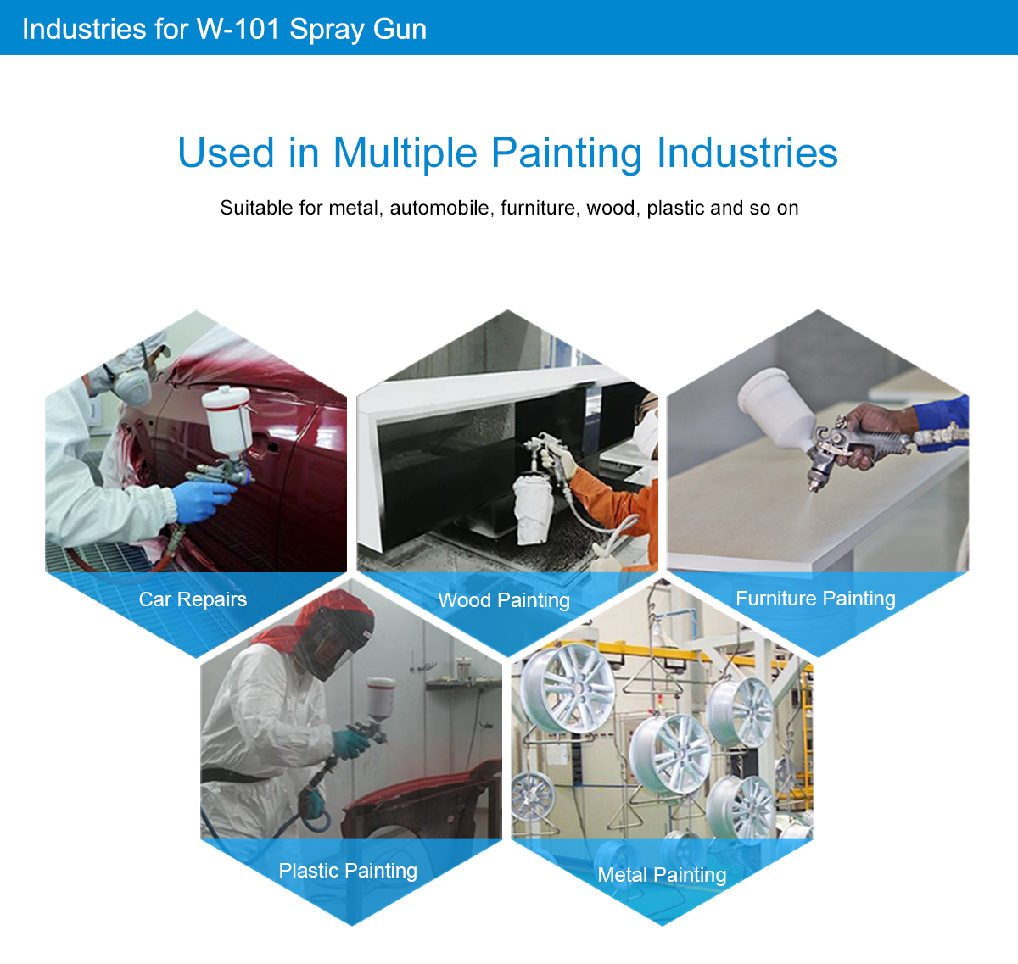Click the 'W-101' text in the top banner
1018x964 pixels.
point(238,29)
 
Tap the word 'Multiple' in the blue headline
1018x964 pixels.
point(405,153)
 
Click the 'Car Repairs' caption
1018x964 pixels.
point(193,599)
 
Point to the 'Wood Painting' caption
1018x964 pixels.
point(504,600)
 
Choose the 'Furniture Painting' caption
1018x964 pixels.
point(815,599)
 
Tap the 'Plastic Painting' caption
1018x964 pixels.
point(348,871)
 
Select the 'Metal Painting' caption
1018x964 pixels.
point(662,875)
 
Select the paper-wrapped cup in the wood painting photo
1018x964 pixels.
point(534,510)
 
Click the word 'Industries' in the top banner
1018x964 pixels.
point(84,29)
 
